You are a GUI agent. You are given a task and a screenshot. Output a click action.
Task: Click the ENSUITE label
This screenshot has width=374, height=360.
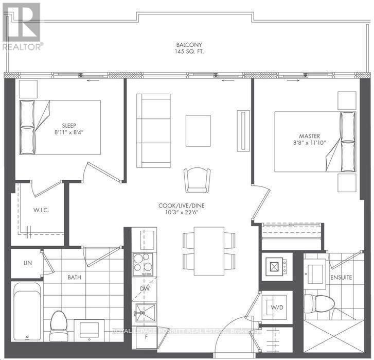(x=341, y=278)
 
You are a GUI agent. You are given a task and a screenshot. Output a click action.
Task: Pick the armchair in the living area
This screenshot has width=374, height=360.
(x=198, y=180)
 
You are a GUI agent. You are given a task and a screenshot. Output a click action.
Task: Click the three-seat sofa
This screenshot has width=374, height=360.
(x=153, y=130)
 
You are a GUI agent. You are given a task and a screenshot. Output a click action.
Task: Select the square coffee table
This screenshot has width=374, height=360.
(x=198, y=130)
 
